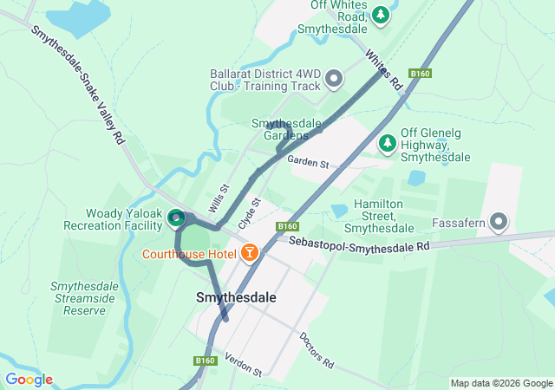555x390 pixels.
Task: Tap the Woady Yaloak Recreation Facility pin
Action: pos(175,217)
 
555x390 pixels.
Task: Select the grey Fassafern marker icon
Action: pos(499,222)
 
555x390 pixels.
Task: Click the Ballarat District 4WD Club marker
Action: pos(335,81)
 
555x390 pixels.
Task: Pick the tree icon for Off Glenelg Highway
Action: pos(387,141)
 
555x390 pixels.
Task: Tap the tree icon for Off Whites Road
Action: pos(380,14)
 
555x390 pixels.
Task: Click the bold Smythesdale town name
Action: pos(236,297)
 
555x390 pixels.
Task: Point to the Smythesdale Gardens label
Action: pos(280,129)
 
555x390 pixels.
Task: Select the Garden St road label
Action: pos(309,163)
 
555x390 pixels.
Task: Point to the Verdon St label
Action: pos(243,365)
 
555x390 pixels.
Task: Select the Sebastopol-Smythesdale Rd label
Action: pos(359,244)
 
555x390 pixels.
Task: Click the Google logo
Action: pos(29,380)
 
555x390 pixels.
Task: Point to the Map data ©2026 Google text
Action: pos(501,383)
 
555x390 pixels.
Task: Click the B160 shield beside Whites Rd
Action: pos(421,74)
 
